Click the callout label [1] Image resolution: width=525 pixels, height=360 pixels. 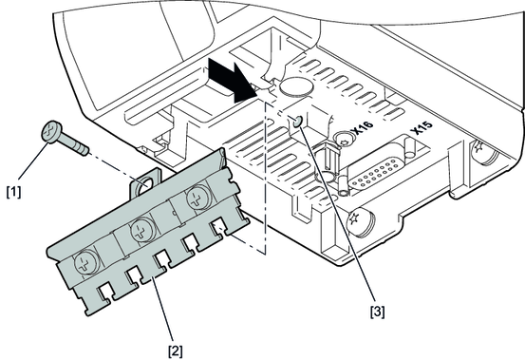pyautogui.click(x=13, y=192)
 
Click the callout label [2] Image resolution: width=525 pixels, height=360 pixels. pyautogui.click(x=176, y=351)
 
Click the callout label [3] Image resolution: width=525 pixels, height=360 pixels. pyautogui.click(x=377, y=312)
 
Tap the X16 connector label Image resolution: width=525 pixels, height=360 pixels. pyautogui.click(x=364, y=128)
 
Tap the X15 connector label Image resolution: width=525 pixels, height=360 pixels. pyautogui.click(x=422, y=127)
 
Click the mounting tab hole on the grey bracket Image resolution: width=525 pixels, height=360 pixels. pyautogui.click(x=144, y=184)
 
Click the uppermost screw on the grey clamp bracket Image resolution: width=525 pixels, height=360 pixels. pyautogui.click(x=198, y=199)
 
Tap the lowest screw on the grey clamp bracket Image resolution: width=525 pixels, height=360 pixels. pyautogui.click(x=86, y=262)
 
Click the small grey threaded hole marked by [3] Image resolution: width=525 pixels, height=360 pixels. pyautogui.click(x=297, y=123)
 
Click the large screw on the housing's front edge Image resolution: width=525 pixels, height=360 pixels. pyautogui.click(x=361, y=222)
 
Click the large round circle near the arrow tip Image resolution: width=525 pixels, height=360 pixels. pyautogui.click(x=296, y=86)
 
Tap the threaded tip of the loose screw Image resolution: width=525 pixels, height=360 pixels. pyautogui.click(x=84, y=150)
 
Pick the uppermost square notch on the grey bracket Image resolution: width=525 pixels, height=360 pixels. pyautogui.click(x=218, y=225)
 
